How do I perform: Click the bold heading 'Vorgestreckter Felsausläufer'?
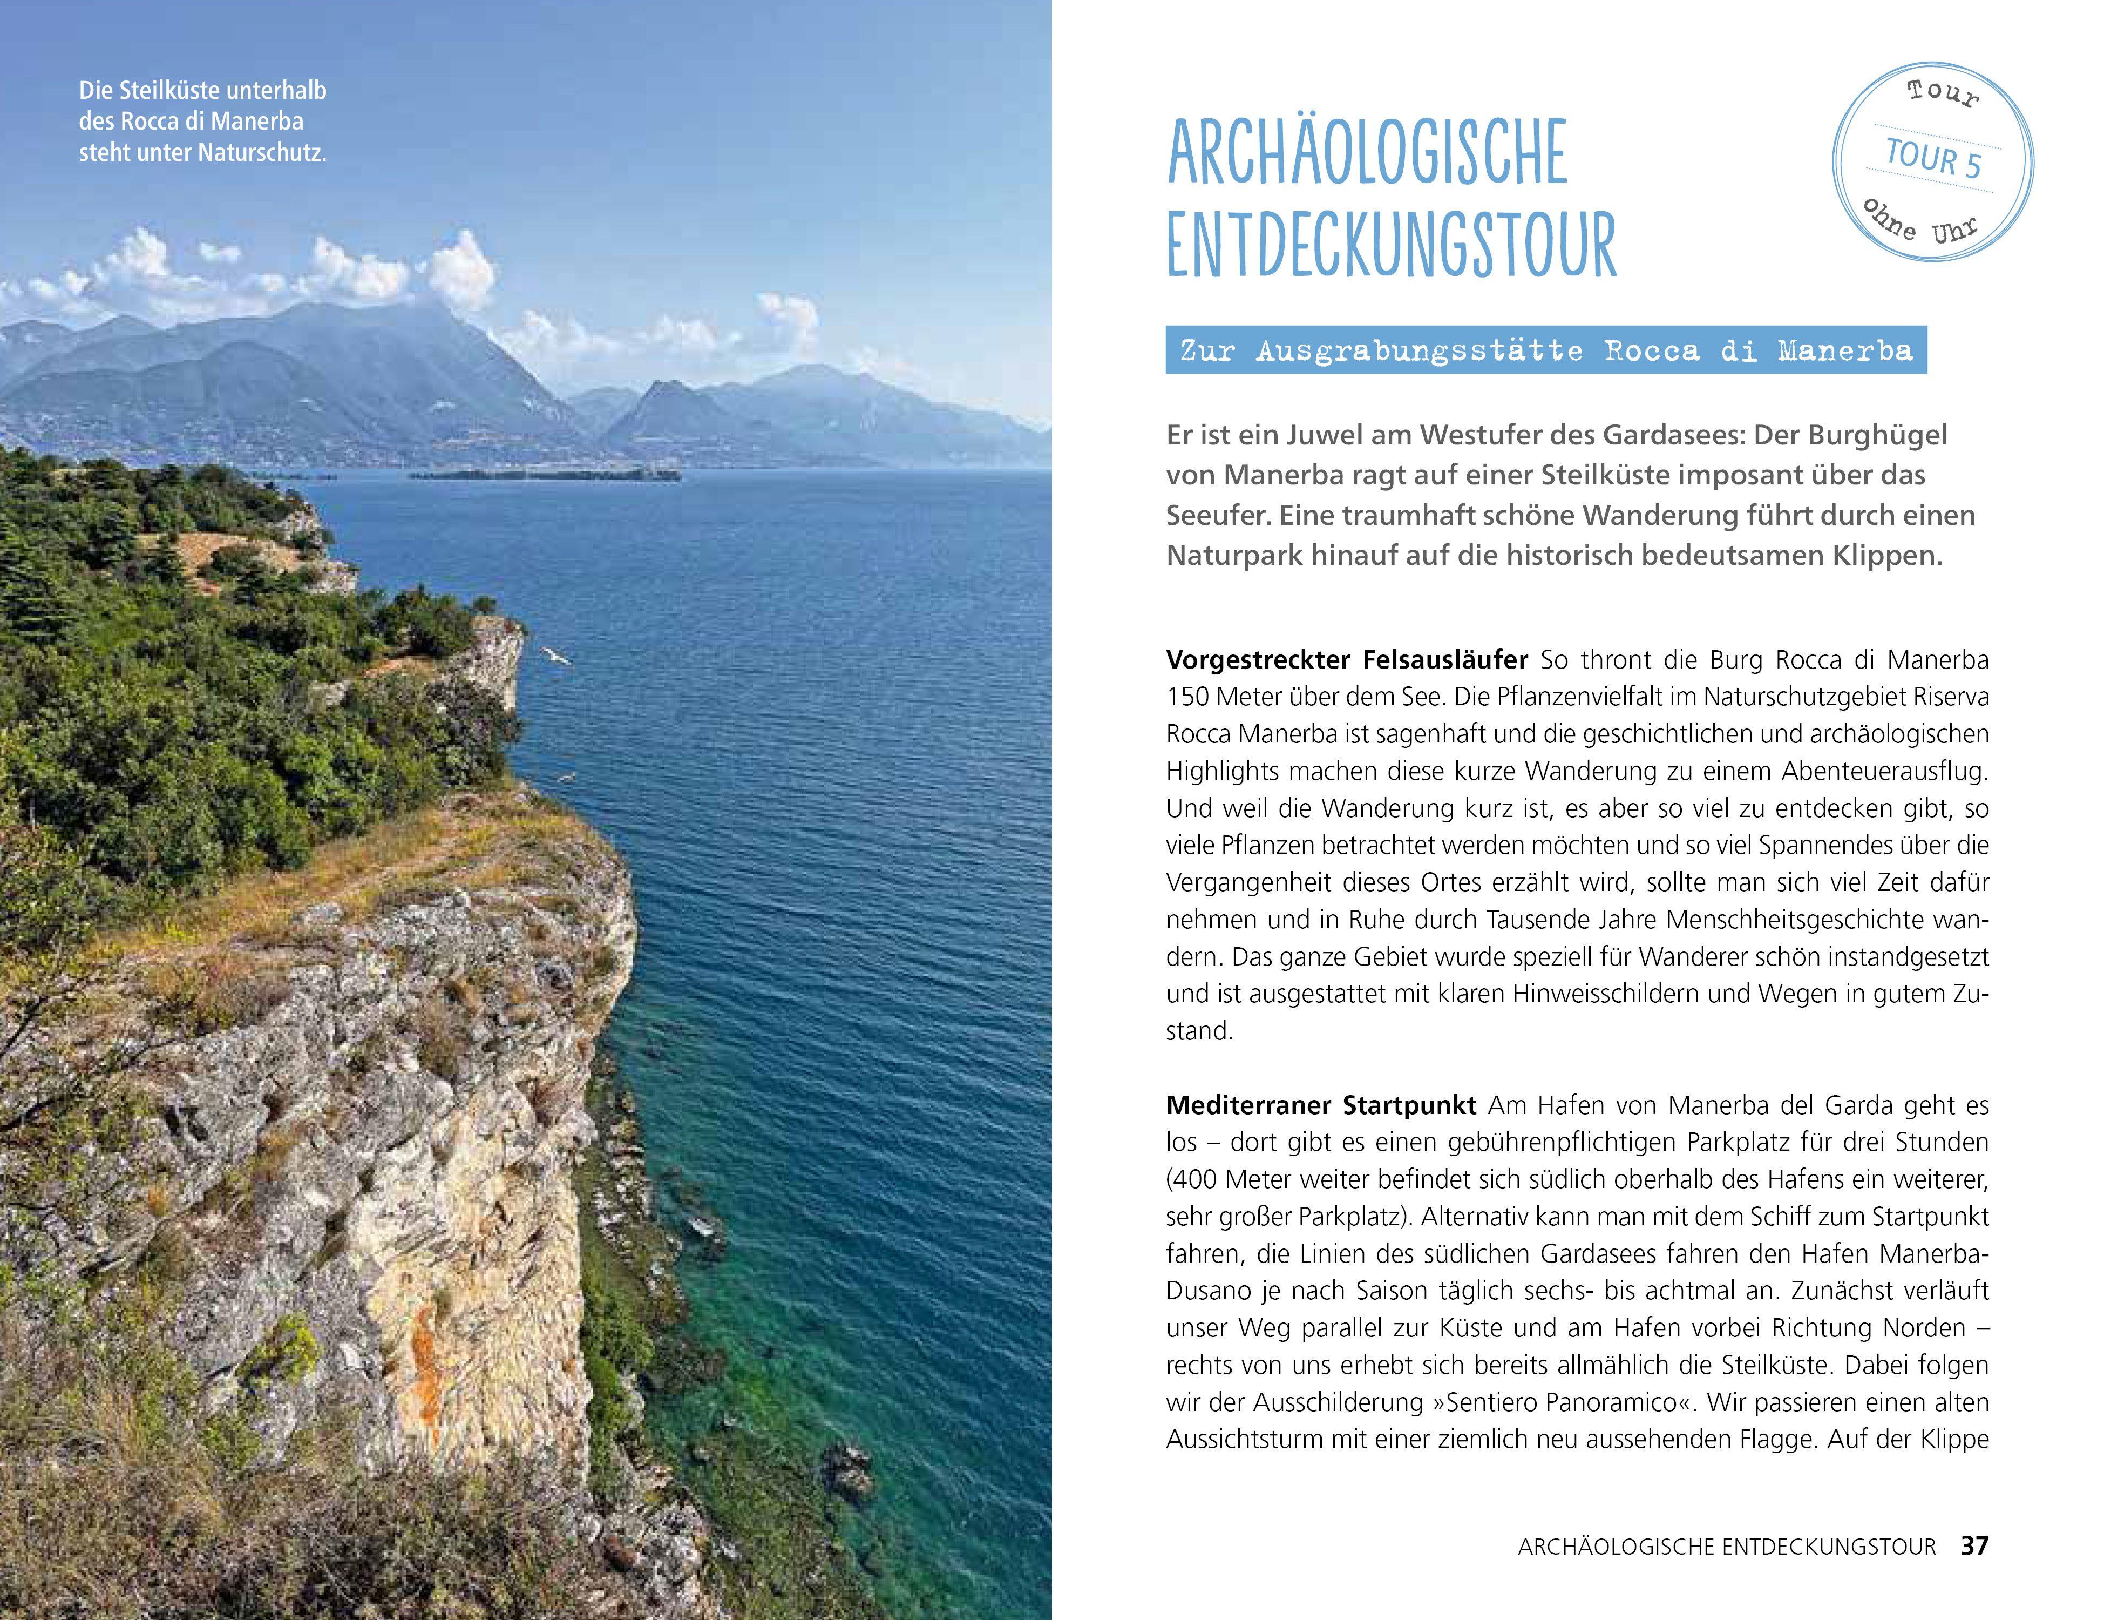pyautogui.click(x=1346, y=660)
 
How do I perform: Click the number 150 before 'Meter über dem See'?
pyautogui.click(x=1188, y=697)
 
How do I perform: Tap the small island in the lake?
pyautogui.click(x=544, y=474)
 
